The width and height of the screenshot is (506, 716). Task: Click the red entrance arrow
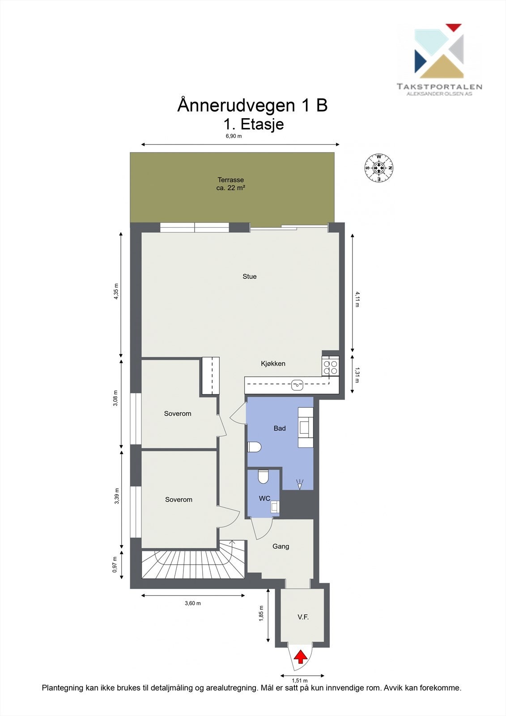tap(301, 657)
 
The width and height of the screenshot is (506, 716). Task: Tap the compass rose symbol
tap(379, 168)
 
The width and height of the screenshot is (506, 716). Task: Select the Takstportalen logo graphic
tap(439, 51)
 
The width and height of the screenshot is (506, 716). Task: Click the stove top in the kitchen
tap(331, 367)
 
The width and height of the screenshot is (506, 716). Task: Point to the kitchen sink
tap(297, 384)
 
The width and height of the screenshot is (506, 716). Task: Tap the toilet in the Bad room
tap(254, 447)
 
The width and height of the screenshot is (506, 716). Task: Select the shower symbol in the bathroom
tap(300, 483)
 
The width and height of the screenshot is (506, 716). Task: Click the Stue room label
tap(250, 277)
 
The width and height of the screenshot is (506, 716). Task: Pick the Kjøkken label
tap(273, 364)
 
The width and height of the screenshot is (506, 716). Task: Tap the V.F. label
tap(303, 617)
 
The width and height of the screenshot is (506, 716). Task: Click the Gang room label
tap(281, 546)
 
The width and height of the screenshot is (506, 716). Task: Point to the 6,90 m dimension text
tap(234, 136)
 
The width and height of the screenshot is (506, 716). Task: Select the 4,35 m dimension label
tap(116, 291)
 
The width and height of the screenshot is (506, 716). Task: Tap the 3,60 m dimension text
tap(193, 603)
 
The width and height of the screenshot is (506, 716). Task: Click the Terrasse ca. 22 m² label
tap(230, 184)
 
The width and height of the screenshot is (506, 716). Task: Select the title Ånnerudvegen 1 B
tap(252, 106)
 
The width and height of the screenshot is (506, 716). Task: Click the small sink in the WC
tap(275, 507)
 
